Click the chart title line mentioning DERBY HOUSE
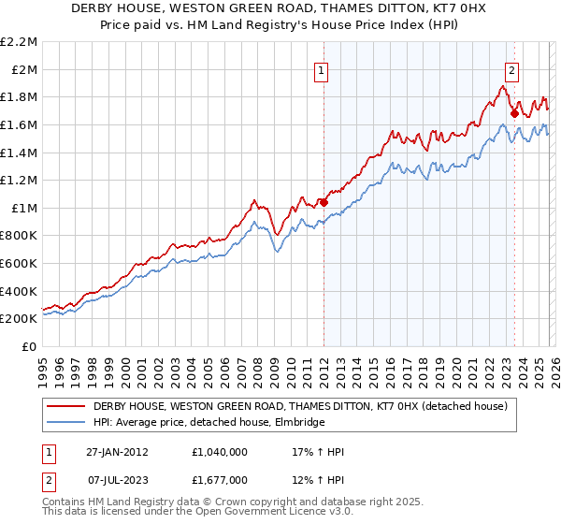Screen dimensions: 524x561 [x=280, y=7]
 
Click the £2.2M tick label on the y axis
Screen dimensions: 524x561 [x=19, y=42]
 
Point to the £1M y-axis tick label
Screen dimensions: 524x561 [x=24, y=208]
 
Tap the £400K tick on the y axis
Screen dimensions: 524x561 [x=19, y=291]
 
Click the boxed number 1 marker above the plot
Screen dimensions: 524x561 [x=322, y=69]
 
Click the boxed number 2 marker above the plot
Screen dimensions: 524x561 [x=512, y=69]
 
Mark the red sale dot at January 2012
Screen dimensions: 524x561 [x=324, y=201]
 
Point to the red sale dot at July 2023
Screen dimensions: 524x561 [x=513, y=113]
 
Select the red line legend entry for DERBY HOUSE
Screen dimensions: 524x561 [x=300, y=407]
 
